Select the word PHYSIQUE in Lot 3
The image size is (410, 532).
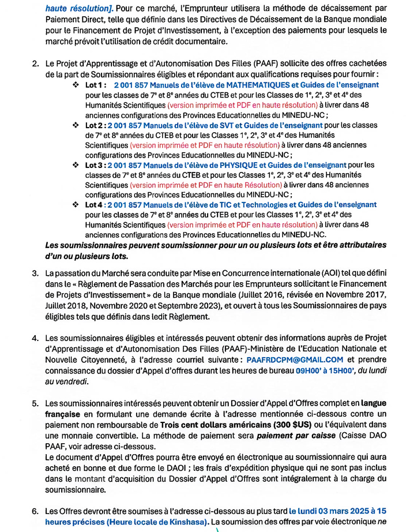226,165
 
